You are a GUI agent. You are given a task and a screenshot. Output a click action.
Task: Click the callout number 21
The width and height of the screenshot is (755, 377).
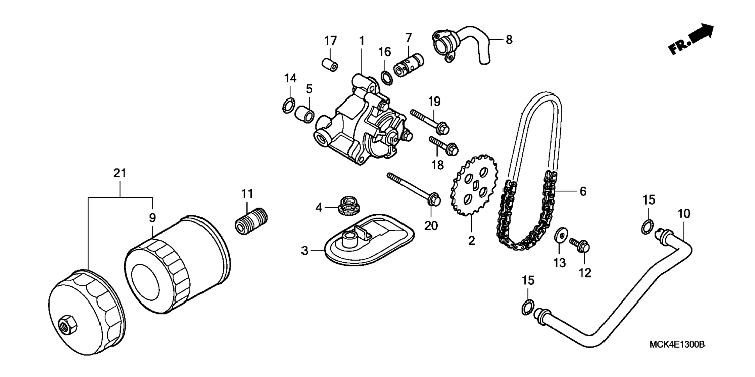[120, 173]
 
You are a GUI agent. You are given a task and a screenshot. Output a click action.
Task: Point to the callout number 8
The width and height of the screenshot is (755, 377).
[509, 39]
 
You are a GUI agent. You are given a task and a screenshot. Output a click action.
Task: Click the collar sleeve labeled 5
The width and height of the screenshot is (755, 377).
[305, 115]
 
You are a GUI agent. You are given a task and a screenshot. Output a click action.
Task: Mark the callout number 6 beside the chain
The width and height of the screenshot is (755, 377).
[583, 191]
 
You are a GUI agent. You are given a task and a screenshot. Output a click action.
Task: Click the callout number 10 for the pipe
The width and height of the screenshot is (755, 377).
[684, 214]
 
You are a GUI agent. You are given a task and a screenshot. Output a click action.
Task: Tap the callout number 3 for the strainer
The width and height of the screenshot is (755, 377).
[305, 251]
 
